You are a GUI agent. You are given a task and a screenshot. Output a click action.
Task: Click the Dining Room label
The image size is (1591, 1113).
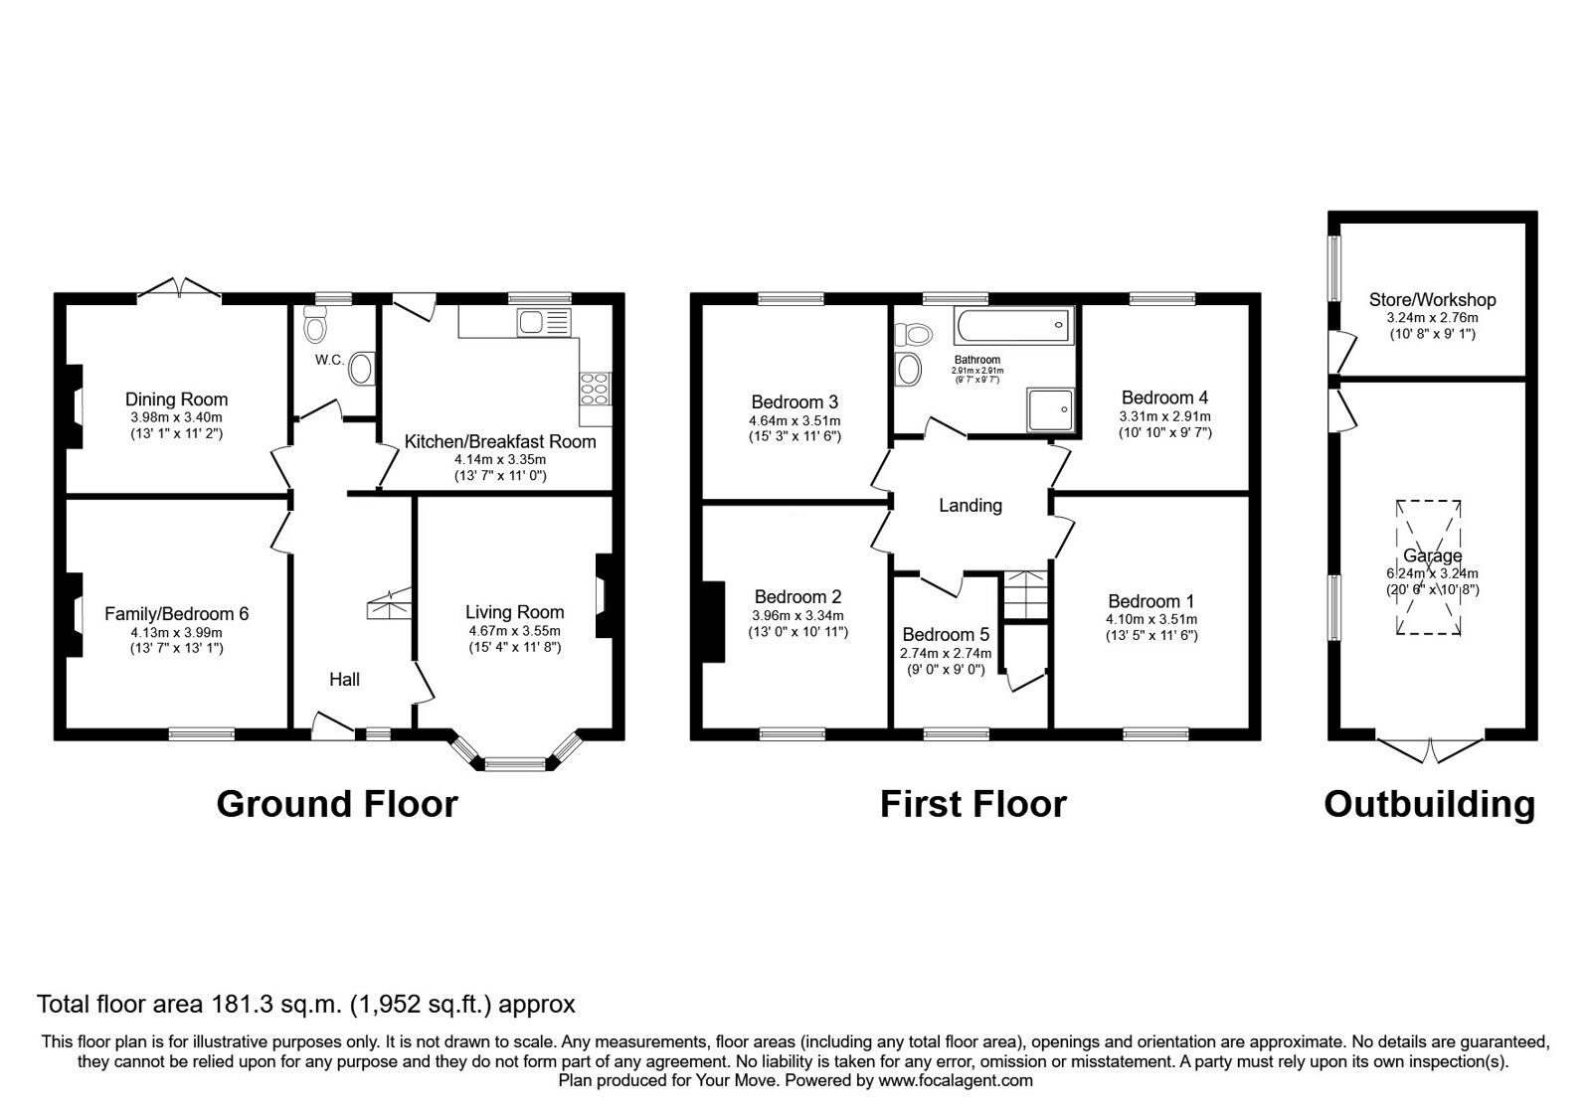176,399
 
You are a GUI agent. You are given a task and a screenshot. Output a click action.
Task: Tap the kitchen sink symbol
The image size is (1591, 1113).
542,321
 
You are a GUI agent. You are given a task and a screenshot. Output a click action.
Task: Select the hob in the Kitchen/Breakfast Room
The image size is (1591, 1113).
595,388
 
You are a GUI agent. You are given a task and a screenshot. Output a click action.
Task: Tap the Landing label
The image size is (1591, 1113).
971,506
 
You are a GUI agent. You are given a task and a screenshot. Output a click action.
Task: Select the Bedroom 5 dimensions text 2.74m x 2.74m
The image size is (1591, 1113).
946,653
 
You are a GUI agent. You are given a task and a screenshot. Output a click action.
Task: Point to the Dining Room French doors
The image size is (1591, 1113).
179,289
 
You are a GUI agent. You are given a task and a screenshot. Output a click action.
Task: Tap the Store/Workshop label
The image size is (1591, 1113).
1432,299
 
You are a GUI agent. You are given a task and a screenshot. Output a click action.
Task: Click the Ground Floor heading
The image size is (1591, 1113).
337,803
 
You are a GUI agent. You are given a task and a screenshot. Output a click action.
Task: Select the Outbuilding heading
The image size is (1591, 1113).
1429,803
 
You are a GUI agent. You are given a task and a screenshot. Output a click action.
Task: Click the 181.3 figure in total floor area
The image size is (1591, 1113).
226,1004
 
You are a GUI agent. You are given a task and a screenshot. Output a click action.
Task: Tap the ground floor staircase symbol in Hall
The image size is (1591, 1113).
390,603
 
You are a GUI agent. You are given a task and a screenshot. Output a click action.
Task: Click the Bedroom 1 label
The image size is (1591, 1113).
1150,601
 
